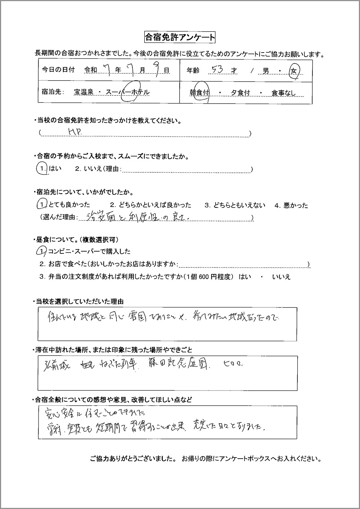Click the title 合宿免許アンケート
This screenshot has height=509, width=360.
pos(180,37)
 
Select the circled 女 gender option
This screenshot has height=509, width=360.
pos(294,71)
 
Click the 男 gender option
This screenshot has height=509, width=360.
pos(266,71)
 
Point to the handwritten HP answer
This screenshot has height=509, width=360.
pos(75,132)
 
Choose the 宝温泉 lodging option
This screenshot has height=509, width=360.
pos(84,93)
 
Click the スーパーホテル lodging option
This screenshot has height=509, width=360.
pos(128,93)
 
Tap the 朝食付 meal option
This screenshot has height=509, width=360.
pos(200,93)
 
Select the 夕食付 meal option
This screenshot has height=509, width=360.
pos(240,93)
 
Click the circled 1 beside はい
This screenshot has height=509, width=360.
pos(42,168)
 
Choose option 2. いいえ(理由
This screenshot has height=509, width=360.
pos(97,169)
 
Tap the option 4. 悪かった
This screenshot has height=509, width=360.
pos(291,206)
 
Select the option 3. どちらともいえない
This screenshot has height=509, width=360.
pos(235,206)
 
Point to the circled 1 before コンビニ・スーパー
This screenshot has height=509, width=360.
pos(42,251)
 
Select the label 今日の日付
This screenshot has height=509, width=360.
pos(58,70)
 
